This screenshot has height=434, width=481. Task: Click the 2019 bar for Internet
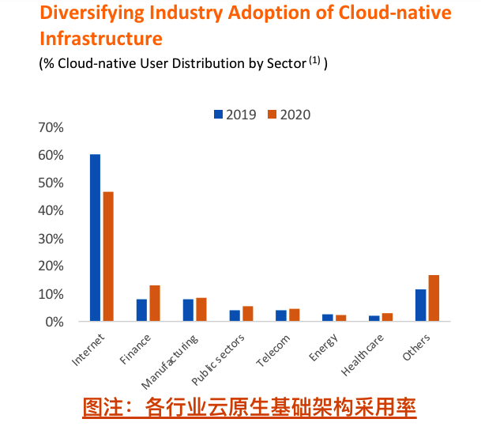95,237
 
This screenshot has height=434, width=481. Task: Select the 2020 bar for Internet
108,256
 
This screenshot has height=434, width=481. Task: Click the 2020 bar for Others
434,298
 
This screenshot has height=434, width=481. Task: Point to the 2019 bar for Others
420,305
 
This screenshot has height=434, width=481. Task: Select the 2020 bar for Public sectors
248,313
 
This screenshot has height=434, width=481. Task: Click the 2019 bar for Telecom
281,315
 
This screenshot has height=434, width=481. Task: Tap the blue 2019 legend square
218,114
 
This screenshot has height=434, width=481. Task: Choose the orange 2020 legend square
272,114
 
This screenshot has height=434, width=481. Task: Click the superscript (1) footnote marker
314,60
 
